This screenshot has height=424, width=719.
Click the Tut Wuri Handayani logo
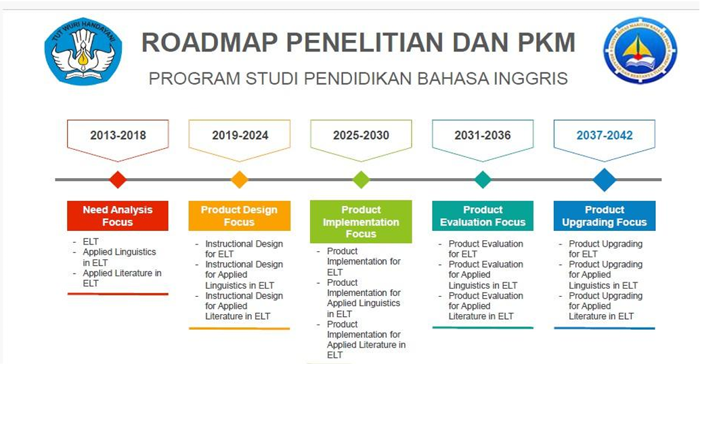pyautogui.click(x=83, y=51)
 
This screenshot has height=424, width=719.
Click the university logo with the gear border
pyautogui.click(x=640, y=51)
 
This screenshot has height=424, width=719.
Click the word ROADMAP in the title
pyautogui.click(x=209, y=43)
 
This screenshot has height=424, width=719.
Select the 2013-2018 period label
pyautogui.click(x=118, y=135)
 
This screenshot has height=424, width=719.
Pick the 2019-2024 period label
pyautogui.click(x=240, y=135)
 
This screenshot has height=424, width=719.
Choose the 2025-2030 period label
pyautogui.click(x=361, y=135)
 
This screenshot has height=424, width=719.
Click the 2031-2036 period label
pyautogui.click(x=483, y=135)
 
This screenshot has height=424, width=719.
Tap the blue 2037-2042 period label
pyautogui.click(x=605, y=135)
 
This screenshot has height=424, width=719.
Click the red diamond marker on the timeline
pyautogui.click(x=118, y=179)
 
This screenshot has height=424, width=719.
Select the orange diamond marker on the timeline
pyautogui.click(x=240, y=179)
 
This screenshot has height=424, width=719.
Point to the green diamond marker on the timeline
pyautogui.click(x=361, y=179)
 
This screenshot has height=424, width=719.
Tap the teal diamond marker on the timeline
pyautogui.click(x=483, y=179)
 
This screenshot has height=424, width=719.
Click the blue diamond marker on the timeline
pyautogui.click(x=605, y=179)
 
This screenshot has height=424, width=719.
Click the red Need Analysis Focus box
pyautogui.click(x=118, y=216)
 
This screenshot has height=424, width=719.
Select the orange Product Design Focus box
pyautogui.click(x=239, y=216)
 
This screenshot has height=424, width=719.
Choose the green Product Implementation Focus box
pyautogui.click(x=361, y=221)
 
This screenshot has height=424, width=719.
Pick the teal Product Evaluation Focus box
pyautogui.click(x=483, y=216)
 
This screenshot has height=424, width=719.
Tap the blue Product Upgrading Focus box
pyautogui.click(x=605, y=216)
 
